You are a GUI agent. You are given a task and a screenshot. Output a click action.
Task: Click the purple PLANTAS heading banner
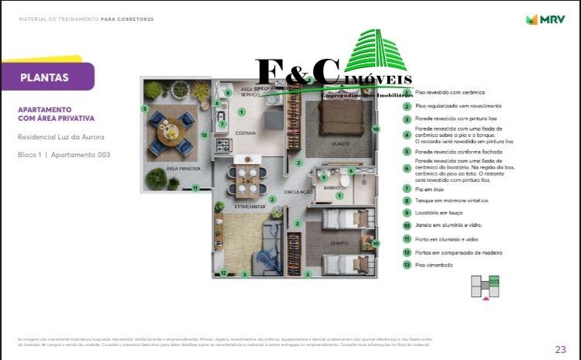(46, 77)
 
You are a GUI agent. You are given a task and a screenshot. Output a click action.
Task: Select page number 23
(560, 348)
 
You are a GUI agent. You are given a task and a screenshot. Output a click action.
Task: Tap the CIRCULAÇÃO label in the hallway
(298, 191)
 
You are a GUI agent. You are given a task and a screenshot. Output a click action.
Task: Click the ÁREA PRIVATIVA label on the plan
(184, 169)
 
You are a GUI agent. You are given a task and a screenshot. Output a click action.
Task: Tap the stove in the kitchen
(222, 145)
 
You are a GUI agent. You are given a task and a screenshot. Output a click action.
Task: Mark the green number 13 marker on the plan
(203, 135)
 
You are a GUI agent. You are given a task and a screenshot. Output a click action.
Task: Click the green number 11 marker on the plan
(196, 187)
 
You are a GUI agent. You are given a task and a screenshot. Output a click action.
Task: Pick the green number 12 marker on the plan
(223, 272)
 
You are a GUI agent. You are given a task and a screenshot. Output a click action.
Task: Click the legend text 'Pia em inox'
(430, 188)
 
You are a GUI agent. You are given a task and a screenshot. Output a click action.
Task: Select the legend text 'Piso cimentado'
(434, 265)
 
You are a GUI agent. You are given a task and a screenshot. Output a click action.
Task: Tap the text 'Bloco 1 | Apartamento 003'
(64, 155)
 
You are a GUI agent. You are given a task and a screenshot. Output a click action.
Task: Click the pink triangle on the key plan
(486, 296)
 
